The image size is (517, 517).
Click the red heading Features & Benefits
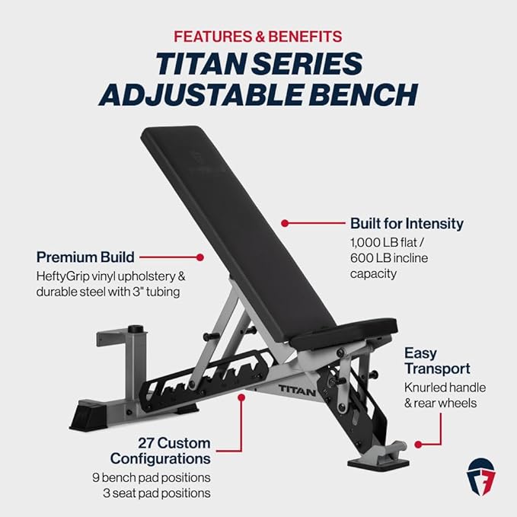pyautogui.click(x=258, y=36)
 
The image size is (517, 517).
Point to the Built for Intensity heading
pyautogui.click(x=406, y=223)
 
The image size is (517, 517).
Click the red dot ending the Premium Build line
pyautogui.click(x=200, y=258)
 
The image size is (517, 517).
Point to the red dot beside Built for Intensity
pyautogui.click(x=284, y=224)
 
